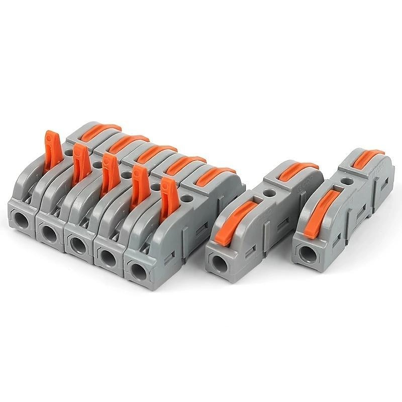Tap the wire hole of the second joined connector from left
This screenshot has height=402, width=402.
(49, 232)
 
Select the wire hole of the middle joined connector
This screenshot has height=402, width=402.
(77, 245)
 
